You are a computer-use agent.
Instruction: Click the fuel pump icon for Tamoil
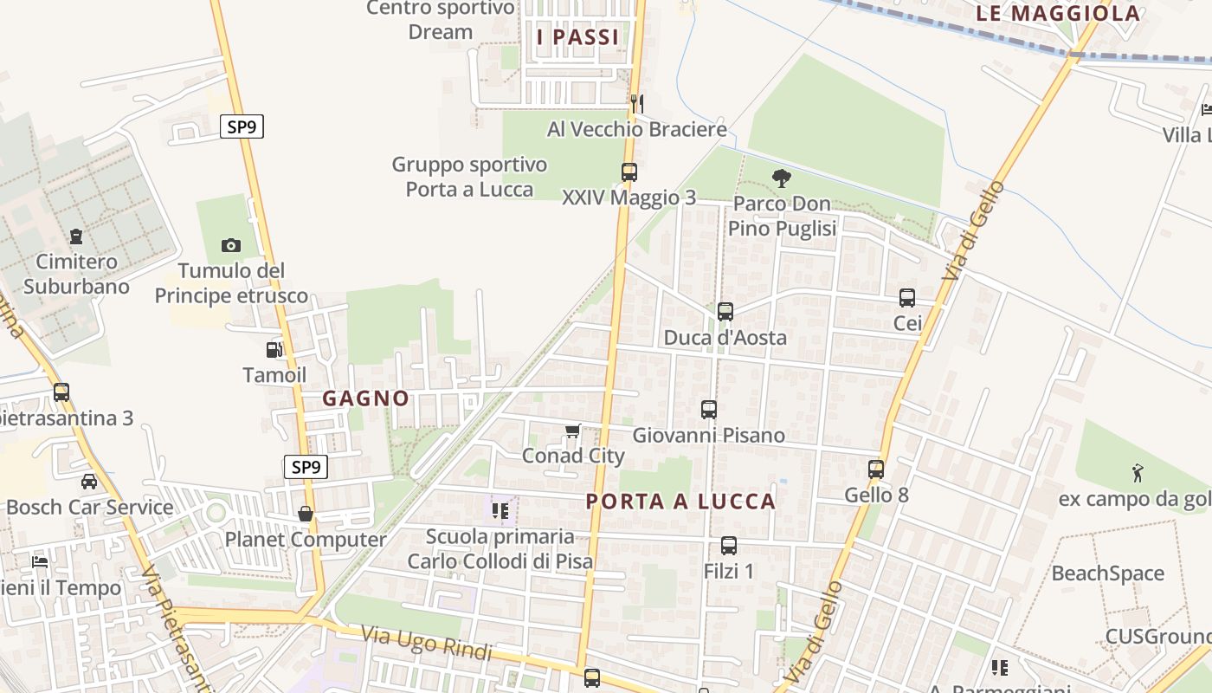point(274,350)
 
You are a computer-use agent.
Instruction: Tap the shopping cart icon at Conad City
point(572,431)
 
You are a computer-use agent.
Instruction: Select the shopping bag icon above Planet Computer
point(305,514)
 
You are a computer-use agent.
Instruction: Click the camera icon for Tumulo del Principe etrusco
point(231,245)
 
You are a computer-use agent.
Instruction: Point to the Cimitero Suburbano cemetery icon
point(76,236)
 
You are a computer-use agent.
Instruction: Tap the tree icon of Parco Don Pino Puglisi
point(781,178)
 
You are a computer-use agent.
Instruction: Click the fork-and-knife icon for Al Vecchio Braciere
point(636,104)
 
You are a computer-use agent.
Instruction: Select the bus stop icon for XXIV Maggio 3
point(629,172)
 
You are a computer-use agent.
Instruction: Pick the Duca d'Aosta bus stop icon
point(725,311)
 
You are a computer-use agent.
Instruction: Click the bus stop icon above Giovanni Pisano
point(709,409)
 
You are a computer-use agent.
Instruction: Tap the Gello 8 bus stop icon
point(876,470)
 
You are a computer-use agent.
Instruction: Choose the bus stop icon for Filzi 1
point(729,546)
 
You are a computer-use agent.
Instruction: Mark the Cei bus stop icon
point(907,298)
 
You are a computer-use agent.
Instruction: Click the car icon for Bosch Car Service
point(89,482)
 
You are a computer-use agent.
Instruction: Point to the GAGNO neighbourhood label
point(366,398)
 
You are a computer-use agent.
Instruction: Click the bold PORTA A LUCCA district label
point(680,502)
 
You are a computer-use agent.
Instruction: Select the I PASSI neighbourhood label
point(578,37)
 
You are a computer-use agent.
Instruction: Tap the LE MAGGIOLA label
point(1058,13)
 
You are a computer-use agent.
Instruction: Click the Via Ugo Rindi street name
point(426,644)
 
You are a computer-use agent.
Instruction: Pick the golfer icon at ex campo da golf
point(1138,473)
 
